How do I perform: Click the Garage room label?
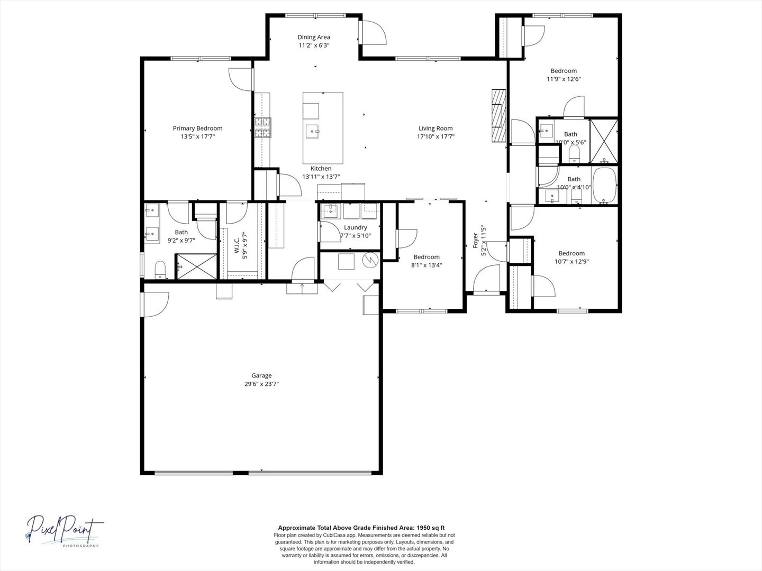[261, 375]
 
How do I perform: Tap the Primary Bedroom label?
[197, 128]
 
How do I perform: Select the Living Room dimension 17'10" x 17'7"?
[436, 136]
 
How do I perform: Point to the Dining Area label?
[314, 37]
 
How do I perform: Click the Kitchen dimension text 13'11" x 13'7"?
[321, 177]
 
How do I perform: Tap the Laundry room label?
[356, 227]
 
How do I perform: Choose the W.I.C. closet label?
[237, 245]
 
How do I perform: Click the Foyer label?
[476, 241]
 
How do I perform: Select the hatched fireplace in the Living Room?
[499, 115]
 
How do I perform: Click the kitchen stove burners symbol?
[263, 127]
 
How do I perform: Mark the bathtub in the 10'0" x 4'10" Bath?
[604, 186]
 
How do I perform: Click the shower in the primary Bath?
[197, 266]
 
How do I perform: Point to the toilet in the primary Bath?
[160, 270]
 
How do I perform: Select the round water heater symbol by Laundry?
[370, 260]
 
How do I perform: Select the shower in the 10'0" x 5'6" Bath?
[604, 141]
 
